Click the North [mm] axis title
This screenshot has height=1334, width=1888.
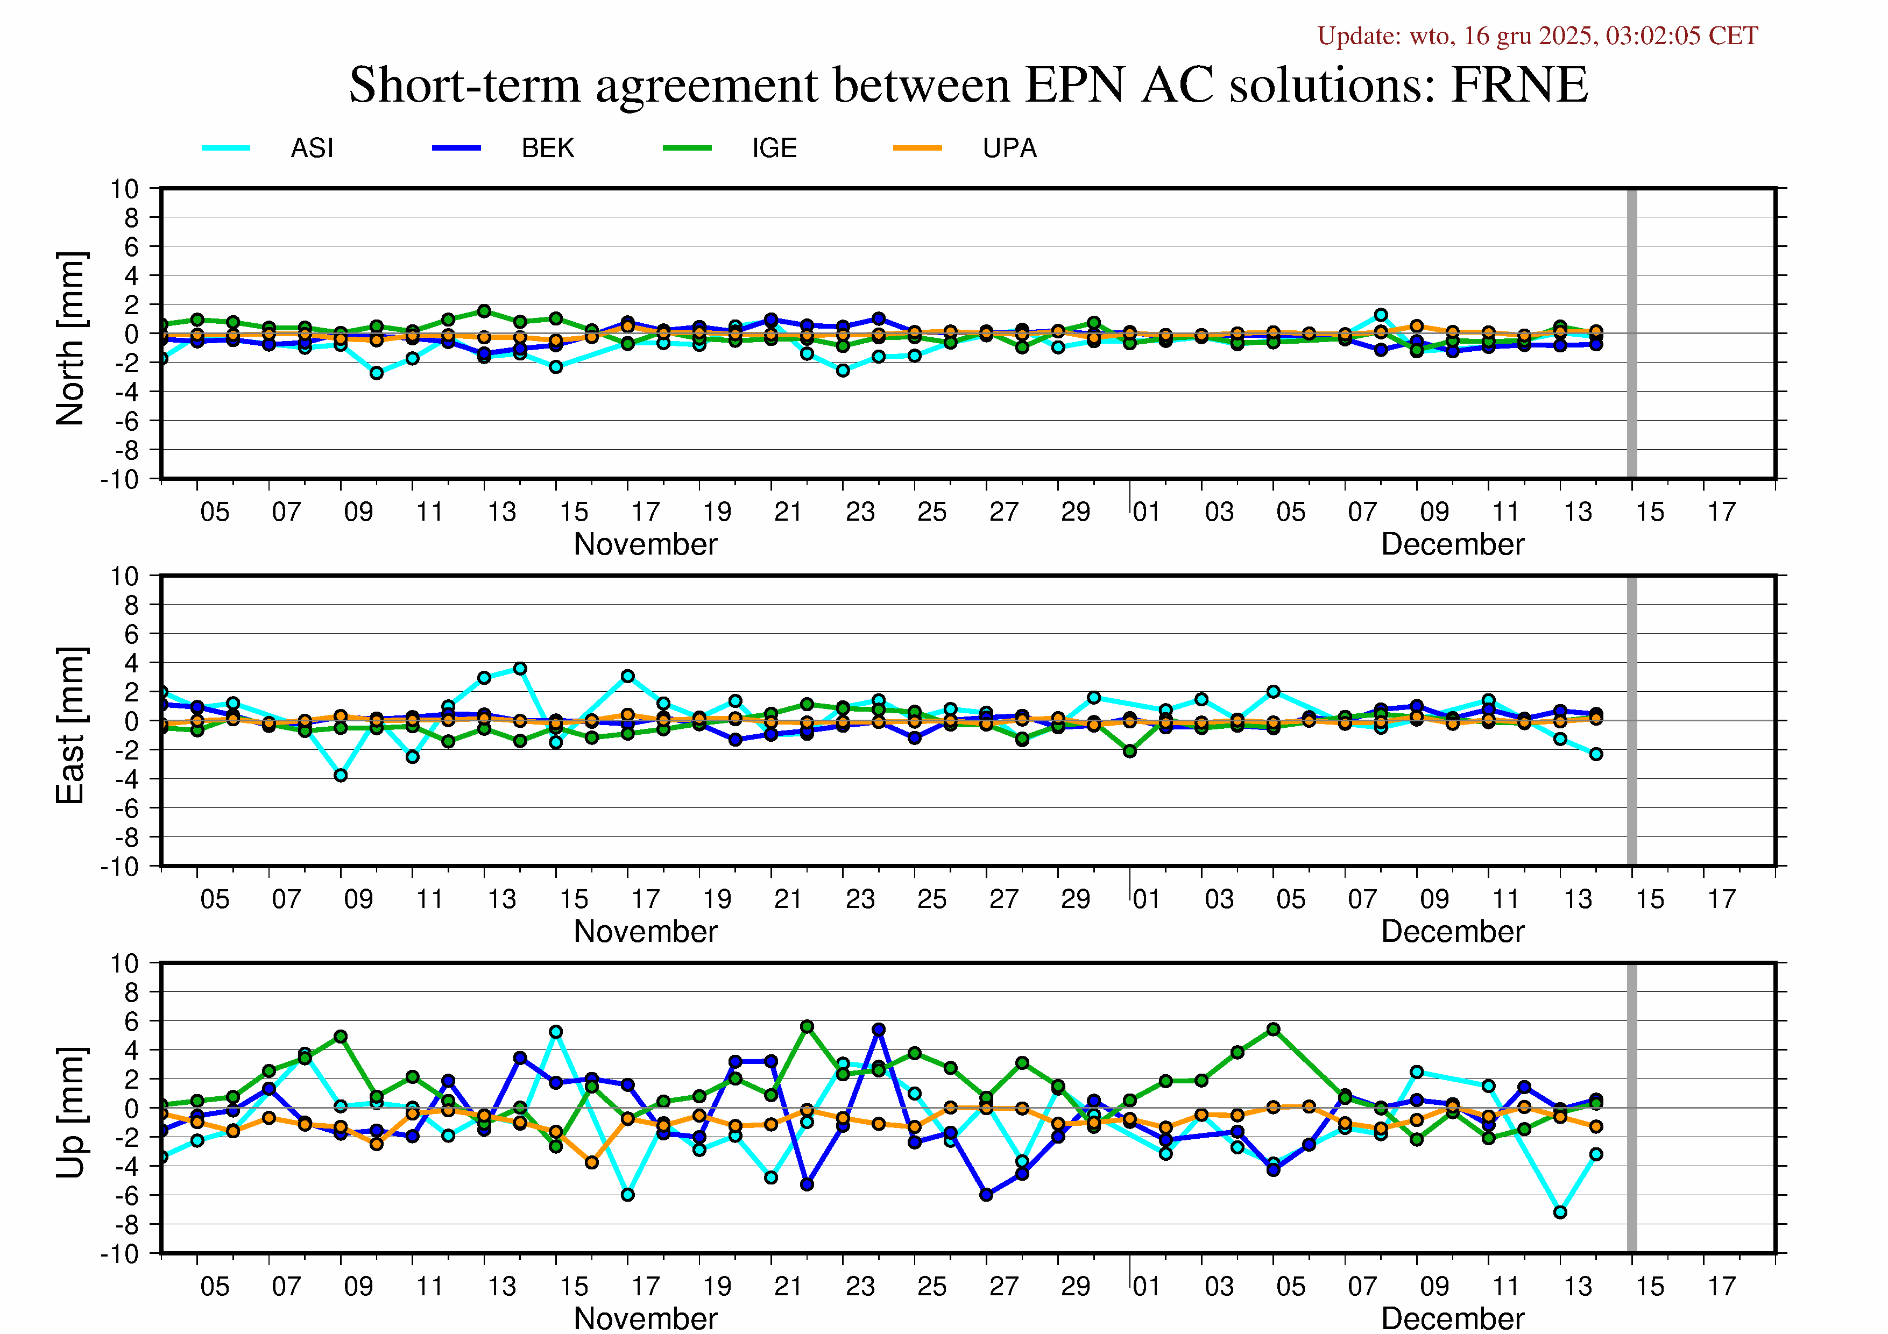(70, 338)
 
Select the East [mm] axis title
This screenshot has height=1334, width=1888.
(70, 725)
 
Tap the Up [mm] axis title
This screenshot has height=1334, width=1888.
(70, 1112)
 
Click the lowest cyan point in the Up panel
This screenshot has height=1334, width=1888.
(1560, 1212)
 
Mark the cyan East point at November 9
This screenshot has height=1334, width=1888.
(341, 775)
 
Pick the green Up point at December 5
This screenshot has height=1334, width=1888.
(1273, 1029)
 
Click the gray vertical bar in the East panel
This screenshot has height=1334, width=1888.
(1631, 721)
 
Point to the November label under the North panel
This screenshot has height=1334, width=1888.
(646, 544)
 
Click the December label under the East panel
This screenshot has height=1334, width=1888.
(1452, 931)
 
